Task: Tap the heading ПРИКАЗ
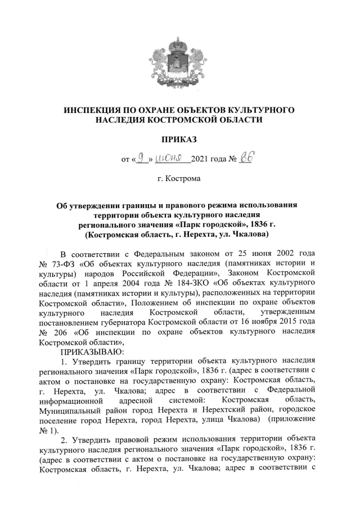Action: pyautogui.click(x=180, y=138)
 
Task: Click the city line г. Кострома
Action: pyautogui.click(x=179, y=179)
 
